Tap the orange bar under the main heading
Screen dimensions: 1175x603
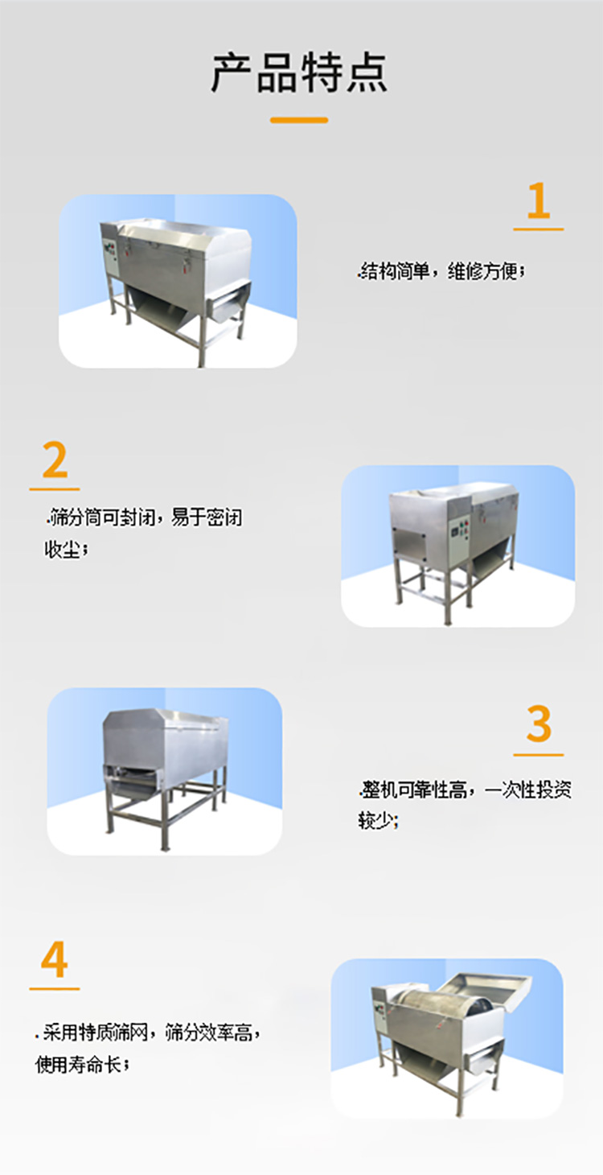299,120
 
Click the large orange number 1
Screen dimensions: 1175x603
538,201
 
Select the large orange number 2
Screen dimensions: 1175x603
55,460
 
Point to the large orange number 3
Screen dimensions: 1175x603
539,724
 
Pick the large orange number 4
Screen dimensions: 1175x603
54,960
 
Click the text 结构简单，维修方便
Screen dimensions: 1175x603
441,272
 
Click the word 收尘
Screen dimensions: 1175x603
64,550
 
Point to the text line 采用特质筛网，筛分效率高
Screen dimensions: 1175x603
151,1032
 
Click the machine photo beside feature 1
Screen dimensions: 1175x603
178,281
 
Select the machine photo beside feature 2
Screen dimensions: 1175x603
457,545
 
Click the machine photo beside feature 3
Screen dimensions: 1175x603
165,770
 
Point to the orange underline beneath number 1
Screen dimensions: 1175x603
538,229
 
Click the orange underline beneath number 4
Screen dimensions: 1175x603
54,988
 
